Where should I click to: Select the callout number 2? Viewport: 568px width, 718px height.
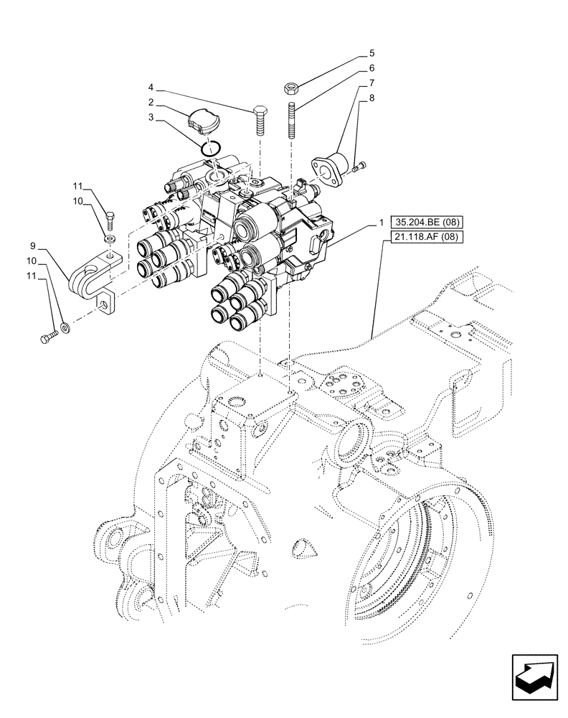tap(152, 103)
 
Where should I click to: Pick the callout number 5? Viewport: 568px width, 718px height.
tap(371, 53)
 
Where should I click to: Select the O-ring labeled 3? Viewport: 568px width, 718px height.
tap(209, 149)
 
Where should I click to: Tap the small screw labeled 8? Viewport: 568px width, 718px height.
tap(360, 167)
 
